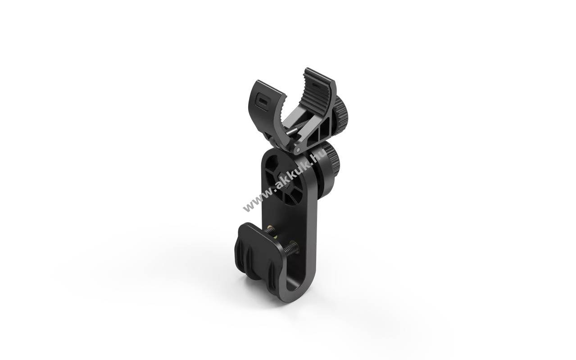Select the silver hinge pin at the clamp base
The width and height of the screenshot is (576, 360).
(298, 150)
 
